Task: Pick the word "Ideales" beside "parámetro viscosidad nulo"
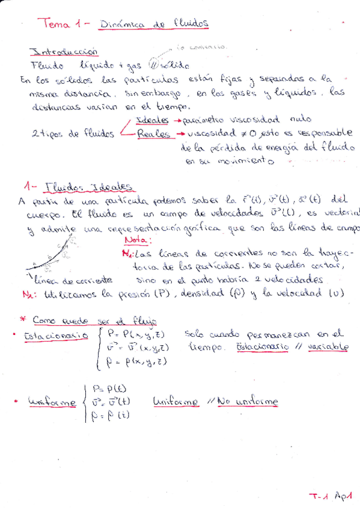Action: [153, 119]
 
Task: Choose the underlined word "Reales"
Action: [154, 134]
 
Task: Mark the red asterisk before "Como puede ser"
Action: [22, 319]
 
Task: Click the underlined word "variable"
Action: [328, 347]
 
